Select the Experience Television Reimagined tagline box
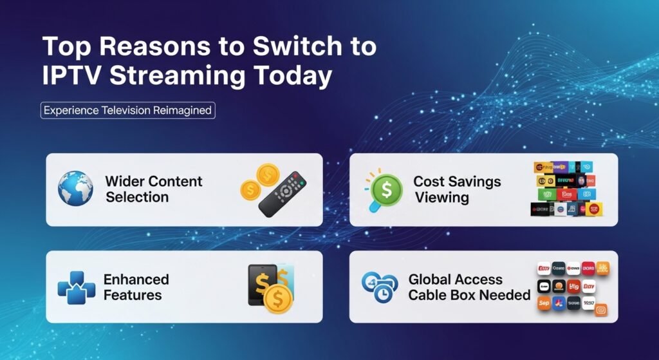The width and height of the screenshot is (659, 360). (128, 110)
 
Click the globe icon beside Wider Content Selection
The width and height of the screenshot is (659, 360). (75, 189)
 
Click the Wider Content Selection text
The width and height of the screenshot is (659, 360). (154, 189)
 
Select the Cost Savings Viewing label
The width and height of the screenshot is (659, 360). (457, 189)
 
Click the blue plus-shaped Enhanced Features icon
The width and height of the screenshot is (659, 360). (76, 287)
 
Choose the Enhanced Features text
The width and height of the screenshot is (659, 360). (136, 287)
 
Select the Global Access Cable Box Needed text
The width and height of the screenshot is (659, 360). (469, 287)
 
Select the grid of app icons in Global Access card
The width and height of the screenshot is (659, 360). (572, 287)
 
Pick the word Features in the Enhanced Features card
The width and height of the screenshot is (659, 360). (133, 295)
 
